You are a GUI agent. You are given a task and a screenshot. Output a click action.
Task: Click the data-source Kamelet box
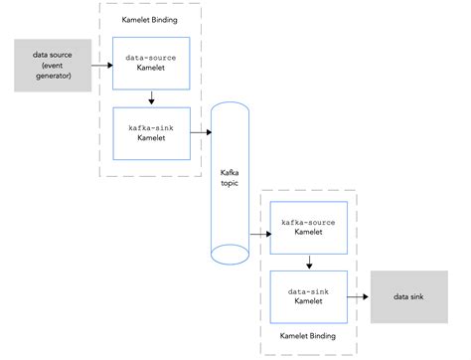[152, 64]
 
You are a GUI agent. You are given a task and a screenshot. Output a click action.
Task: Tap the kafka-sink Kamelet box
[152, 133]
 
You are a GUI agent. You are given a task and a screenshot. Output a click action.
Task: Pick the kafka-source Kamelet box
[311, 229]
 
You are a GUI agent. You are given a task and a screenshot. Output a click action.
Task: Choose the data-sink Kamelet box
[311, 295]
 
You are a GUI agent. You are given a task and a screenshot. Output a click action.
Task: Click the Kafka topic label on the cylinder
[231, 178]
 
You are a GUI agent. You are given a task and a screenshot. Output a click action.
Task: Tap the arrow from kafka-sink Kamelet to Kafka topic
[202, 131]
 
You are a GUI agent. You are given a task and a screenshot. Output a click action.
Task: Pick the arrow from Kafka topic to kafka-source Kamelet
[261, 235]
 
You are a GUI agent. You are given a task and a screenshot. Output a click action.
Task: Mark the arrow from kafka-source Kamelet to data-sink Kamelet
[311, 263]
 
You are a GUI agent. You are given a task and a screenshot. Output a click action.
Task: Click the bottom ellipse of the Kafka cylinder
[231, 255]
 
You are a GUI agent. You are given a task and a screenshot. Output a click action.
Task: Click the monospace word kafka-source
[311, 222]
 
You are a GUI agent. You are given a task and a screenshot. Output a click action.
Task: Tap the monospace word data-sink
[311, 288]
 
